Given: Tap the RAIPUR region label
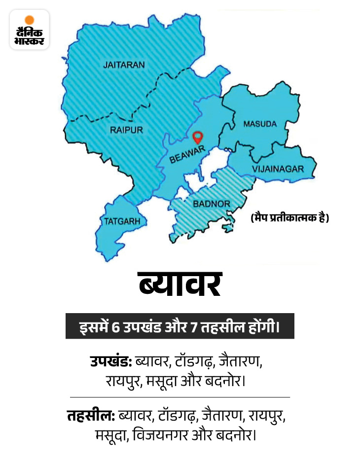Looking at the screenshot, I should pos(126,130).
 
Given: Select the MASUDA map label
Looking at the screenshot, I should pos(260,124).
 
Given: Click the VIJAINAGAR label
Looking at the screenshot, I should pos(278,169).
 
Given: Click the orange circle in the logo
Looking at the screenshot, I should pos(30,20).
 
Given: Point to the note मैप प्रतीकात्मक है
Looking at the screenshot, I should pos(289,217).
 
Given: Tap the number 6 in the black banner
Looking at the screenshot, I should pos(116,326).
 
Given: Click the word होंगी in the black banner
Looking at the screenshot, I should pos(264,326).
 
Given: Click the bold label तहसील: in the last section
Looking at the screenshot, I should pos(91,416).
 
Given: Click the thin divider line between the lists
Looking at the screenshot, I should pos(180,397).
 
